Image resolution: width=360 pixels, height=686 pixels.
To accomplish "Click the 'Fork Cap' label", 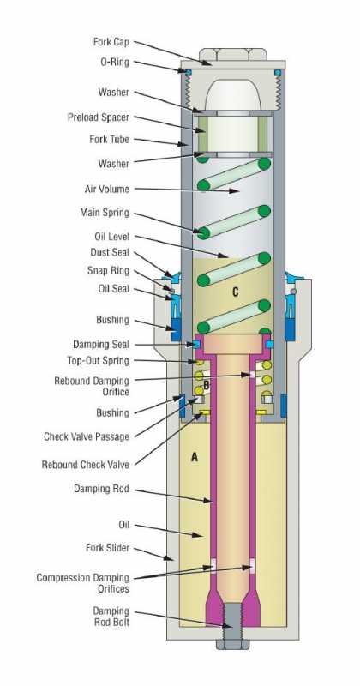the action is pos(111,42).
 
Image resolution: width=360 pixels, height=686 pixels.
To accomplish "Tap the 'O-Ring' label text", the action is pos(115,62).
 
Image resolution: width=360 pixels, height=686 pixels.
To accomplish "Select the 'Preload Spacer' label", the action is pos(99,117).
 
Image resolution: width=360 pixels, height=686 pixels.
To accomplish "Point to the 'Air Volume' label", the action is pos(107,190).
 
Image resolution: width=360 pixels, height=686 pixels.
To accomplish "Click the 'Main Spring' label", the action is pos(105,213).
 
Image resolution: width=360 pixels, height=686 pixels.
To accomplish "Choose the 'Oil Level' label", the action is pos(112,237).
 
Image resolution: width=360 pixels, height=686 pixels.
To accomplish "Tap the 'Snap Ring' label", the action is pos(108,271).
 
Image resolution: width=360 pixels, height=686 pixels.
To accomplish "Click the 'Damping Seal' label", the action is pos(101,345).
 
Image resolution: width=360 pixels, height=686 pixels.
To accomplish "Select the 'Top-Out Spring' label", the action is pos(98,360).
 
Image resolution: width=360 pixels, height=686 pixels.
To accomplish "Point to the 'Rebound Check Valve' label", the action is pos(86,465).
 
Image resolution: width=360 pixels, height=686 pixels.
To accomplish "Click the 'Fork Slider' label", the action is pos(107,548).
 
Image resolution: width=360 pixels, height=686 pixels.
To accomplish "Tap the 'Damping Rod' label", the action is pos(101,489).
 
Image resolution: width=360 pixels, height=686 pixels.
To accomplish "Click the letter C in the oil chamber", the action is pos(236,292).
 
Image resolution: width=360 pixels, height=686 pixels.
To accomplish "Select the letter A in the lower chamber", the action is pos(195,458).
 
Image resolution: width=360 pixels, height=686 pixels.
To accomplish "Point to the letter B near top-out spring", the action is pos(207,385).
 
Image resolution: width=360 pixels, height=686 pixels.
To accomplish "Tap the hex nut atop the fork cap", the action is pos(232,54).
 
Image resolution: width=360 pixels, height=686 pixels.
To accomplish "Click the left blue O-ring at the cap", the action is pos(189,73).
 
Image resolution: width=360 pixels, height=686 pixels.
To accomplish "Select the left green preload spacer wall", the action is pos(202,134).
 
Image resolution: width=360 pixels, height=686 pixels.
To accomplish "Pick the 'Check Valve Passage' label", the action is pos(87,436).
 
